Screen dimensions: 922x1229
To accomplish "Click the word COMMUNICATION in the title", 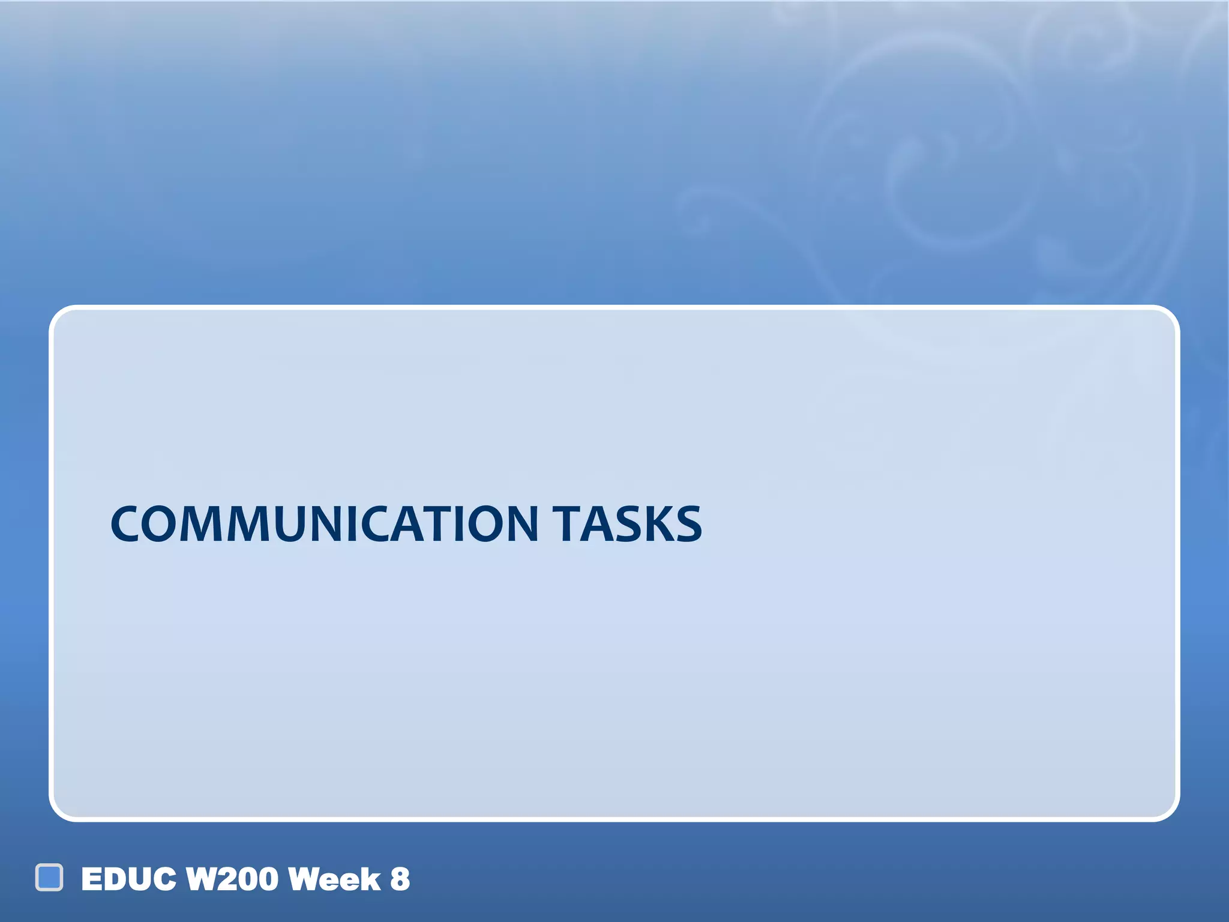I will point(324,524).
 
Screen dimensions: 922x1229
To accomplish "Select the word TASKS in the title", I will point(627,524).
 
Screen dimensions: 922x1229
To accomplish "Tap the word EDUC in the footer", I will point(129,879).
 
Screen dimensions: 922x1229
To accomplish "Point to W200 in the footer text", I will point(233,879).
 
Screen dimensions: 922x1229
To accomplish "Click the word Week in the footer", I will point(334,879).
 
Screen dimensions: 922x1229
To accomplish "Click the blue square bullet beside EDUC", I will point(49,878).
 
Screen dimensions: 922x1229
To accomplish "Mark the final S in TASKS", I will point(688,524).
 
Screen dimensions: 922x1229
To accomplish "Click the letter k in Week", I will point(371,879).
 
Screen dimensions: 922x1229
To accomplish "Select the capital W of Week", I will point(304,879).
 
